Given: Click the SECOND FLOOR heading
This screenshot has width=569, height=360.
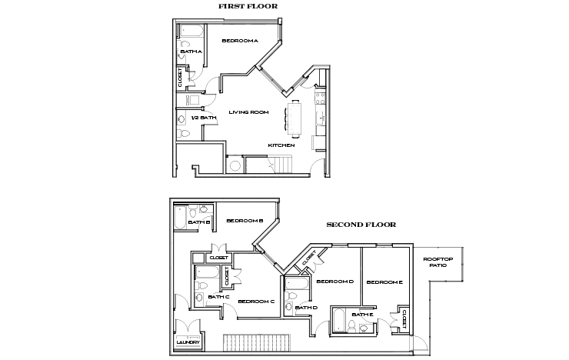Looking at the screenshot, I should point(361,225).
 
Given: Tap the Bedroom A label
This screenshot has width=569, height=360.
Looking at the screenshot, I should point(239,41).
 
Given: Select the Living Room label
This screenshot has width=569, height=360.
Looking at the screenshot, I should point(248,112).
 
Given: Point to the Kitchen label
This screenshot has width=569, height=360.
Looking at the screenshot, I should point(281,145).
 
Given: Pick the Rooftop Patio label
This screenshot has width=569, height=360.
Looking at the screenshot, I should point(439,262).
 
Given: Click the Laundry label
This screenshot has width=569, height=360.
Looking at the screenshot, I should point(188,342).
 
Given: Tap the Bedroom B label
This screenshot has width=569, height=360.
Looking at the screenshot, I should point(245,221).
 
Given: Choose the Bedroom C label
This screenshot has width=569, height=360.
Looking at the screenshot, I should point(256,301).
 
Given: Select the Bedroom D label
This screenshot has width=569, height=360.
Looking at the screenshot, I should point(334,282).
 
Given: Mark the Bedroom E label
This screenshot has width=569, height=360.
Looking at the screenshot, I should point(384,282).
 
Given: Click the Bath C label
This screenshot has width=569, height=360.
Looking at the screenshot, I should point(218,296).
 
